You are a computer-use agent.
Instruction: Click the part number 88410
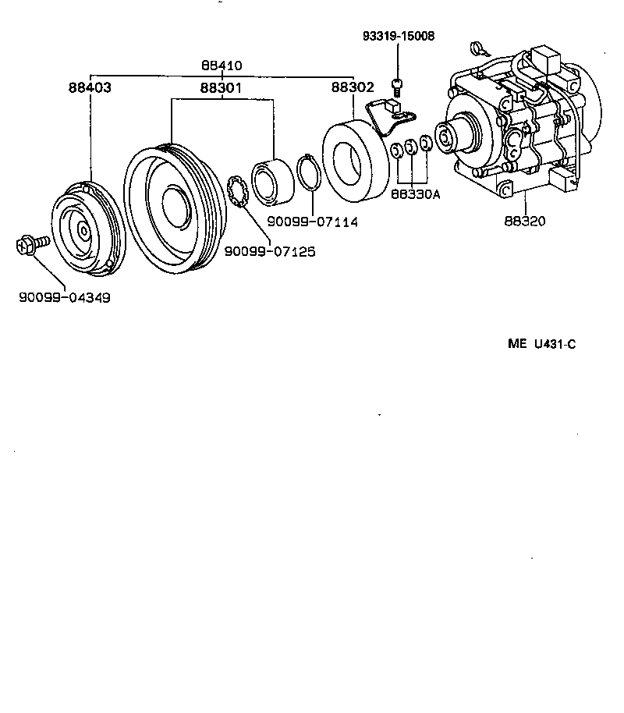(x=221, y=66)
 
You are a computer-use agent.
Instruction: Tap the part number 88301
(x=221, y=87)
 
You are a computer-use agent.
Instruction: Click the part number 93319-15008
(x=399, y=36)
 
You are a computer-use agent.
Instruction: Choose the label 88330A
(x=416, y=193)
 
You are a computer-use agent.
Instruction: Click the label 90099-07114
(x=312, y=222)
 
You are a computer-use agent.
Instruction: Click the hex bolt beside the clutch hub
(x=30, y=245)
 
